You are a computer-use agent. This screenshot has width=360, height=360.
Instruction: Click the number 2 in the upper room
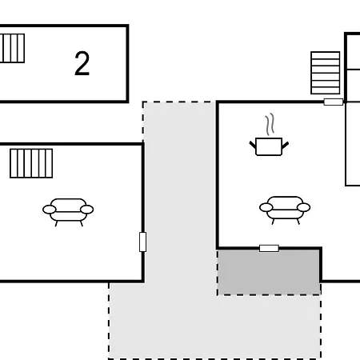pos(82,63)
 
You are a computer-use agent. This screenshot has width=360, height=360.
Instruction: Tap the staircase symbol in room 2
pos(12,48)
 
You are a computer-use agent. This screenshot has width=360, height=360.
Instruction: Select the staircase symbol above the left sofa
pos(31,163)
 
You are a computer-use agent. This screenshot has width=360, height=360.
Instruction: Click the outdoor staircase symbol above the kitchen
pos(326,73)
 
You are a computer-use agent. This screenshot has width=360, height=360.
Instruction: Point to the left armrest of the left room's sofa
pos(50,210)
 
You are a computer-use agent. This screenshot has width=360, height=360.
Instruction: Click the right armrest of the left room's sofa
pos(86,210)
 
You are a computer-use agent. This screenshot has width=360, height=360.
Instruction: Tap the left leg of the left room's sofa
pos(56,223)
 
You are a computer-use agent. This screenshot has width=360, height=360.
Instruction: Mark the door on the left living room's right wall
pos(143,242)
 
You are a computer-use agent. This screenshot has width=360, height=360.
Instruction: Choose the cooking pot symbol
pos(269,146)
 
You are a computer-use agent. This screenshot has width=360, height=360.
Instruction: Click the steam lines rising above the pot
pos(270,124)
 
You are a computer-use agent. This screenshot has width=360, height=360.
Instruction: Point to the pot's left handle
pos(253,145)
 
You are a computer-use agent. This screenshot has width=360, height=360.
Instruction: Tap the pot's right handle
pos(285,145)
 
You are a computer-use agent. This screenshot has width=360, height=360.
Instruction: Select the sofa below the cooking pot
pos(285,210)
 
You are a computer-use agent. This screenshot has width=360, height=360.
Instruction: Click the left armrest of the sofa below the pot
pos(266,207)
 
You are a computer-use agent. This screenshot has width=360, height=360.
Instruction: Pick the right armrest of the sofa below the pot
pos(303,207)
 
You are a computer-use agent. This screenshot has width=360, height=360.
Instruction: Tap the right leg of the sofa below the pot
pos(298,222)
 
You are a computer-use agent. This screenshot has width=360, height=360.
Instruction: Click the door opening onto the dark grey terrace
pos(269,249)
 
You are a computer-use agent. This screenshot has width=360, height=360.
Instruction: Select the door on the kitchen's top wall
pos(334,102)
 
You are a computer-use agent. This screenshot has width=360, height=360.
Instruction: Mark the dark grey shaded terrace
pos(269,272)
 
